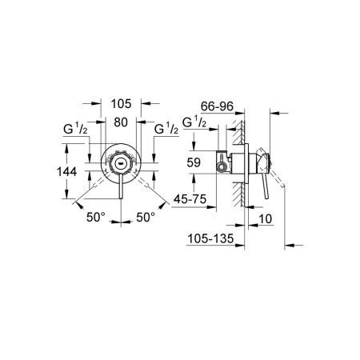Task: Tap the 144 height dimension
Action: click(70, 171)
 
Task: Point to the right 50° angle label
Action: click(145, 215)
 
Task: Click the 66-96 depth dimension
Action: click(217, 106)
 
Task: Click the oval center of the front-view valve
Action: click(120, 163)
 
